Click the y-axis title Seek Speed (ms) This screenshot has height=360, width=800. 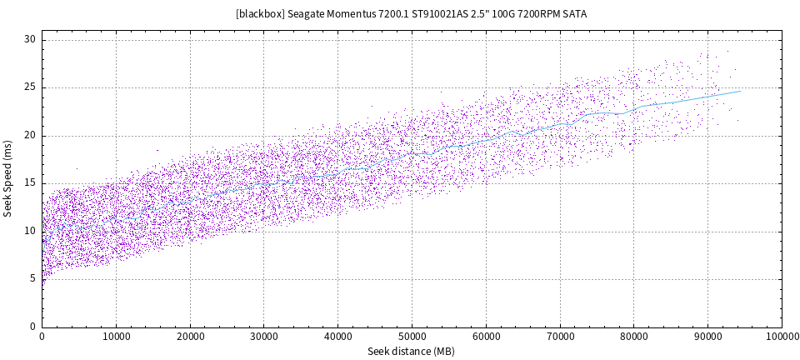point(8,178)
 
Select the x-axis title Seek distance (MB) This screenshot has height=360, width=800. point(412,352)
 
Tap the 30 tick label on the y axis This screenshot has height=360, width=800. point(30,39)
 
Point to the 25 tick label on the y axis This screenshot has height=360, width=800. point(30,87)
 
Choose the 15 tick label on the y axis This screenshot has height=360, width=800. point(30,183)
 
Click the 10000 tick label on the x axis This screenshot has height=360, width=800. point(116,336)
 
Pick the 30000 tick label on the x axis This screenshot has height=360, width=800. point(263,336)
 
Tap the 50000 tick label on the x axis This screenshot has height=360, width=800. point(412,336)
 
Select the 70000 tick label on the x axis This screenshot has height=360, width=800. point(559,336)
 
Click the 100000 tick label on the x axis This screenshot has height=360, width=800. point(780,336)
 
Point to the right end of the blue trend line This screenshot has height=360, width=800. point(739,92)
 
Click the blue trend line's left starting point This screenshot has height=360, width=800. point(42,251)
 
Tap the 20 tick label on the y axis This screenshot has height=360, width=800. point(30,135)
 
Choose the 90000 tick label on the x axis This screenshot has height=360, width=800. point(707,336)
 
